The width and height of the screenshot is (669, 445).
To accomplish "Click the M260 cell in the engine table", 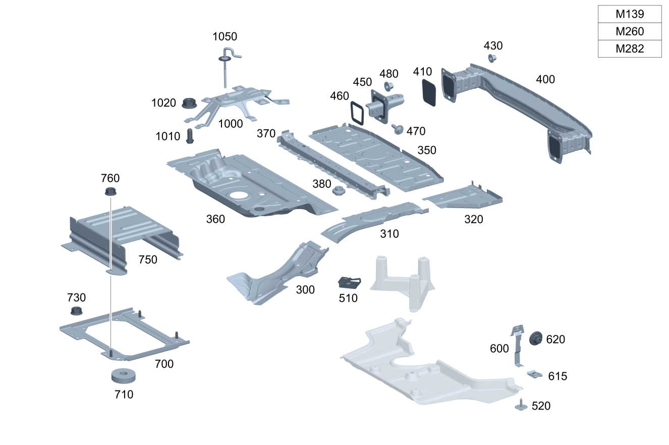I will click(x=630, y=31).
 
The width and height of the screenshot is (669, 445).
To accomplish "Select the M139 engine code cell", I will click(x=630, y=14).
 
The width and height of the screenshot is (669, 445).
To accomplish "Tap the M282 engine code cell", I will click(x=630, y=48).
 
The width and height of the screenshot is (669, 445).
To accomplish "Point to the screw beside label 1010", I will click(x=190, y=136).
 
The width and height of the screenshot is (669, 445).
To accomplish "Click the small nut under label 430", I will click(x=491, y=58).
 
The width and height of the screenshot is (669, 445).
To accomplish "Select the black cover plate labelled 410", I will click(x=429, y=91).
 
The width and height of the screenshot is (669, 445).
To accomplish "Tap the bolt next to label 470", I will click(x=397, y=129).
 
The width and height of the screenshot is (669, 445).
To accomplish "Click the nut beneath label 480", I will click(x=389, y=86).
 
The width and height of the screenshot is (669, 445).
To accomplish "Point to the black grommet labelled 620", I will click(x=535, y=338).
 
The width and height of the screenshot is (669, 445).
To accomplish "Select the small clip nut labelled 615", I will click(x=534, y=374).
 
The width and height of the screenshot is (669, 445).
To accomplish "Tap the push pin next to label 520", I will click(x=521, y=405).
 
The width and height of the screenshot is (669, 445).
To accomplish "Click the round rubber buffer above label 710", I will click(x=124, y=376).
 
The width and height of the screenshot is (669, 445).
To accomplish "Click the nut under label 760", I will click(x=110, y=191).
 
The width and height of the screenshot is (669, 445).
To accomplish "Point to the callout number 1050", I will click(x=225, y=36).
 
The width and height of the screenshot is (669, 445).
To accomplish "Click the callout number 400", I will click(x=545, y=79).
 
